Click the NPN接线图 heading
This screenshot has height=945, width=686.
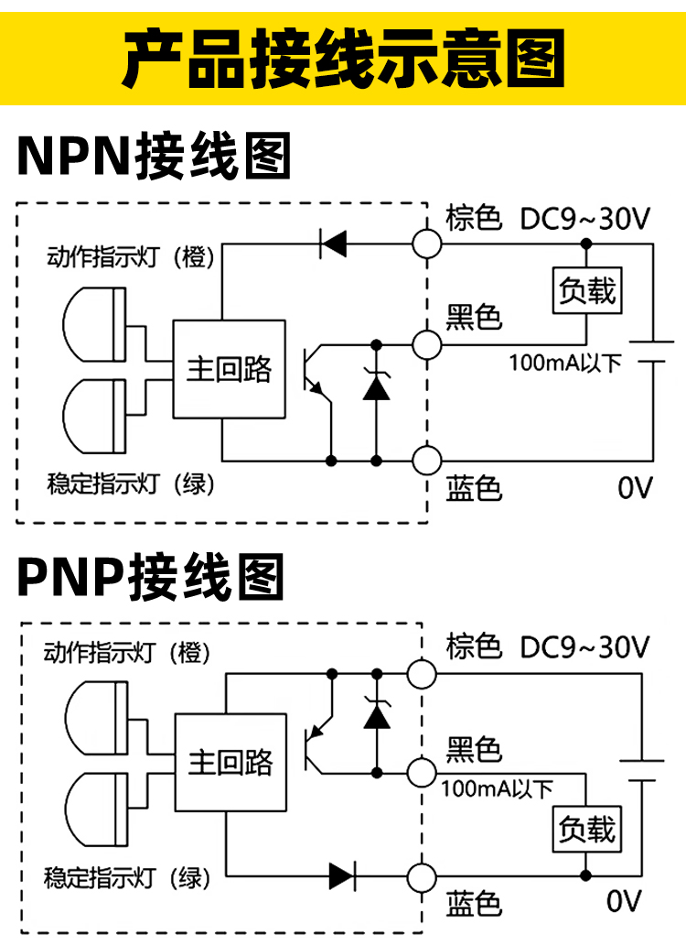154,157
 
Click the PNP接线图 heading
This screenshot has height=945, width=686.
151,578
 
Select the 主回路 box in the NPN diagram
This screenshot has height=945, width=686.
230,368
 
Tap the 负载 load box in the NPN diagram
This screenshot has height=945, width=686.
587,291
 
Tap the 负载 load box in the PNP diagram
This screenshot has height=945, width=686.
587,830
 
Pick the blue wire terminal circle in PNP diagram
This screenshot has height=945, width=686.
423,875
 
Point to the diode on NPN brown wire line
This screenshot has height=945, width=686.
332,244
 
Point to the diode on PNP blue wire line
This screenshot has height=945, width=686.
343,875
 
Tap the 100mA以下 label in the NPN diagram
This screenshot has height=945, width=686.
564,363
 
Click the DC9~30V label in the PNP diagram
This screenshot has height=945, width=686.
584,648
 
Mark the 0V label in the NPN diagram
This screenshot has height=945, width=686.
636,488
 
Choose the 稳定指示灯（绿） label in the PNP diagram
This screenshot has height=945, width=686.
127,879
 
